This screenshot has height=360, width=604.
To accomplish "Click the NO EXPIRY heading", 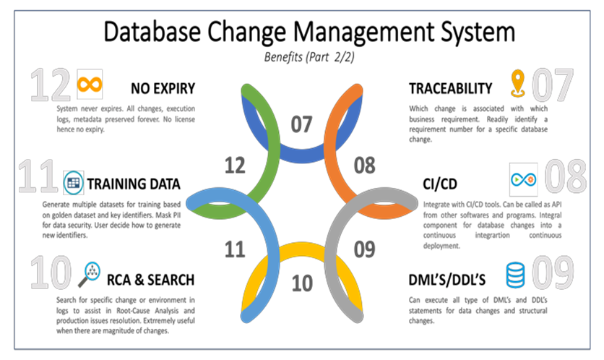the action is point(163,88).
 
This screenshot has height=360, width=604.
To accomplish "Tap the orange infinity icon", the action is point(90,84).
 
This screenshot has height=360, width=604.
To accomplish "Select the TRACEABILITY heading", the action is point(451,88).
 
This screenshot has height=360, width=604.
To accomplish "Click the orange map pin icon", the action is point(518,83).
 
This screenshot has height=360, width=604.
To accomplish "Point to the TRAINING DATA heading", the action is point(134,184).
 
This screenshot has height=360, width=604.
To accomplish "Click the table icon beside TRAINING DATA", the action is point(73,182).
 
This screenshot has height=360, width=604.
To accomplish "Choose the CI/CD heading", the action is point(440,184).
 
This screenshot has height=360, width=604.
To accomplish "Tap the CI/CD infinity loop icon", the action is point(524,179).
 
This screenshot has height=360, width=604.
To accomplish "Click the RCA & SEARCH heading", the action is point(150,280).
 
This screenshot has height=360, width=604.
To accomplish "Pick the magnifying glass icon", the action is point(90,275).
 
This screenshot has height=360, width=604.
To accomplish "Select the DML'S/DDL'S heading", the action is point(446,280).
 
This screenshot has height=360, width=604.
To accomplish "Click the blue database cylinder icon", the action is point(515,275).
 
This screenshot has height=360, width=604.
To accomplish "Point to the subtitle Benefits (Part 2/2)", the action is point(309,57).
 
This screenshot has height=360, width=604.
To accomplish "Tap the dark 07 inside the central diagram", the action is point(301,124).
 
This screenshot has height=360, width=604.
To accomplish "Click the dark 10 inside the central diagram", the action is point(302,283).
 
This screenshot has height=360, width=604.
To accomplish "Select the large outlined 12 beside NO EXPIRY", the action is point(50,85).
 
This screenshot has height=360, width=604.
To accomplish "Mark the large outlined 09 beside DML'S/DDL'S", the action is point(553,273).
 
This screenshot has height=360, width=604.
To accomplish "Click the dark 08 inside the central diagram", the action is point(364,165).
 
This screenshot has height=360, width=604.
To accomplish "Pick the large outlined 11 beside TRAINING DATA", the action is point(38,176).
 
